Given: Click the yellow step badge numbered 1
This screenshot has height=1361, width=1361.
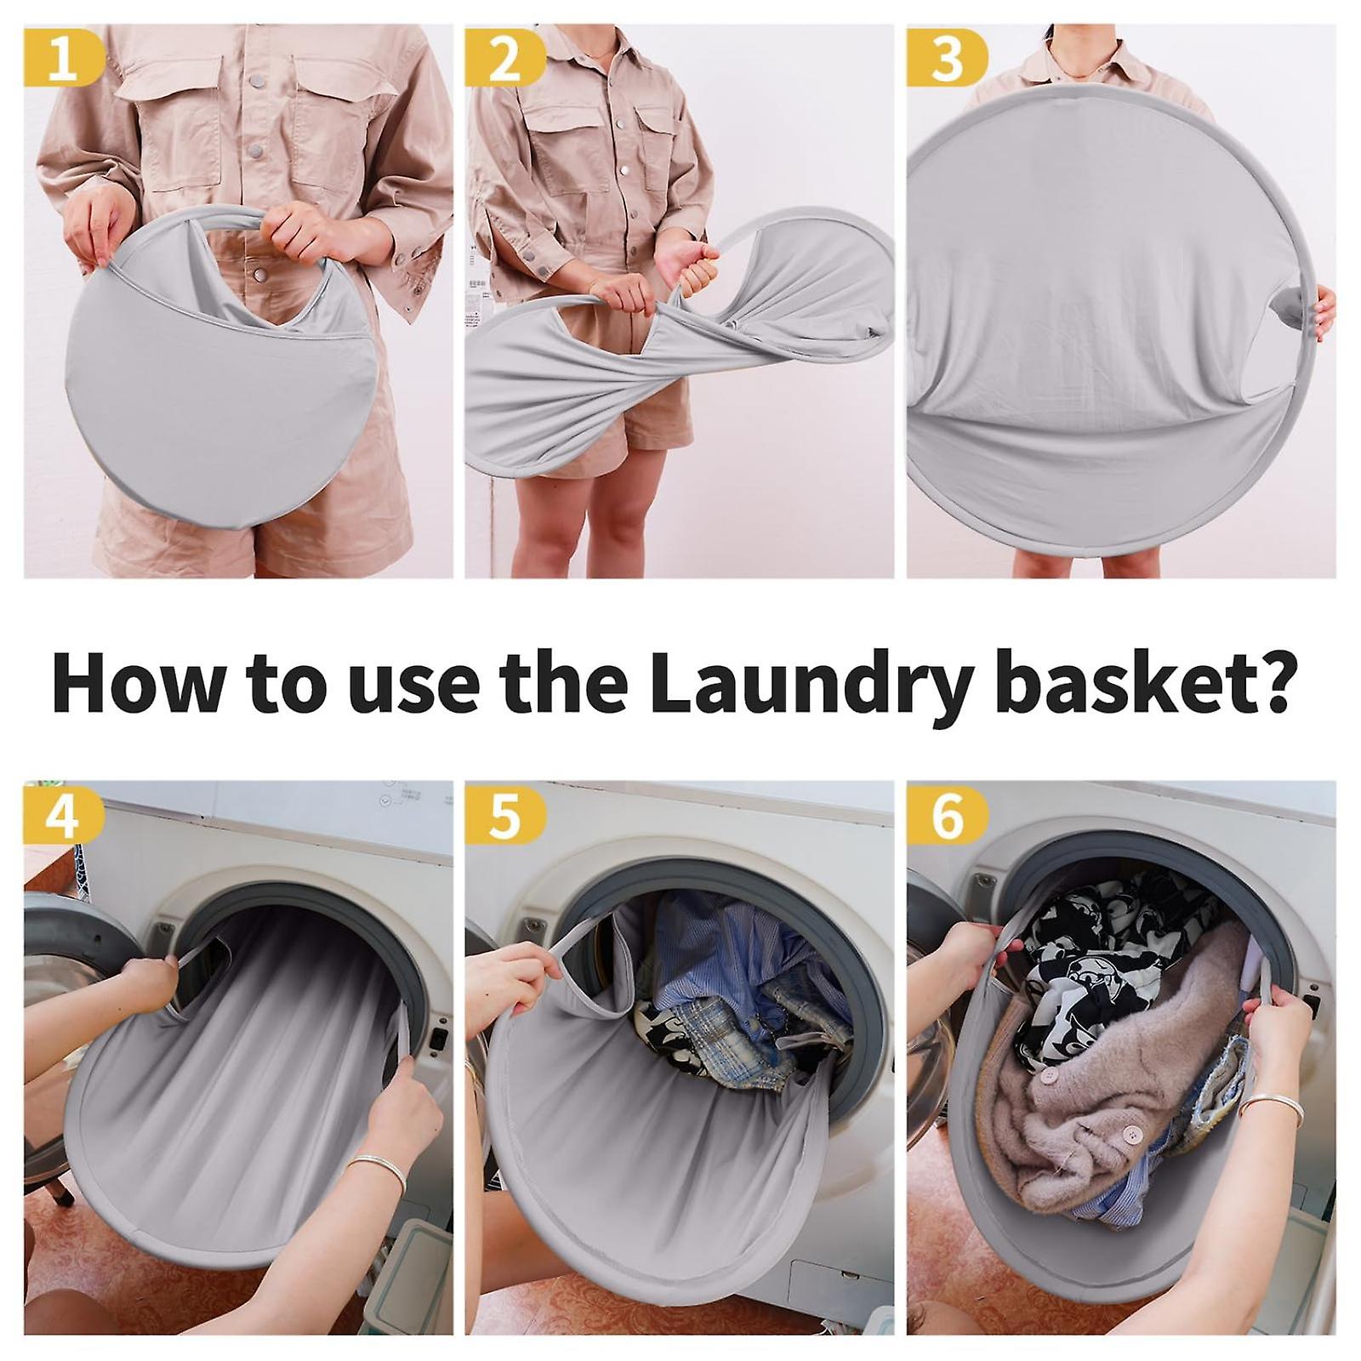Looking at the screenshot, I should tap(61, 60).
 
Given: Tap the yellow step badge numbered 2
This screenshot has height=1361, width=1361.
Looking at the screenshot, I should tap(504, 60).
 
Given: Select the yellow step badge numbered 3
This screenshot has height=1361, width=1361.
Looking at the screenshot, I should tap(946, 60).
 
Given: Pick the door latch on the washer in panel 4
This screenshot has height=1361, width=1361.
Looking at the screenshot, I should tap(439, 1038).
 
